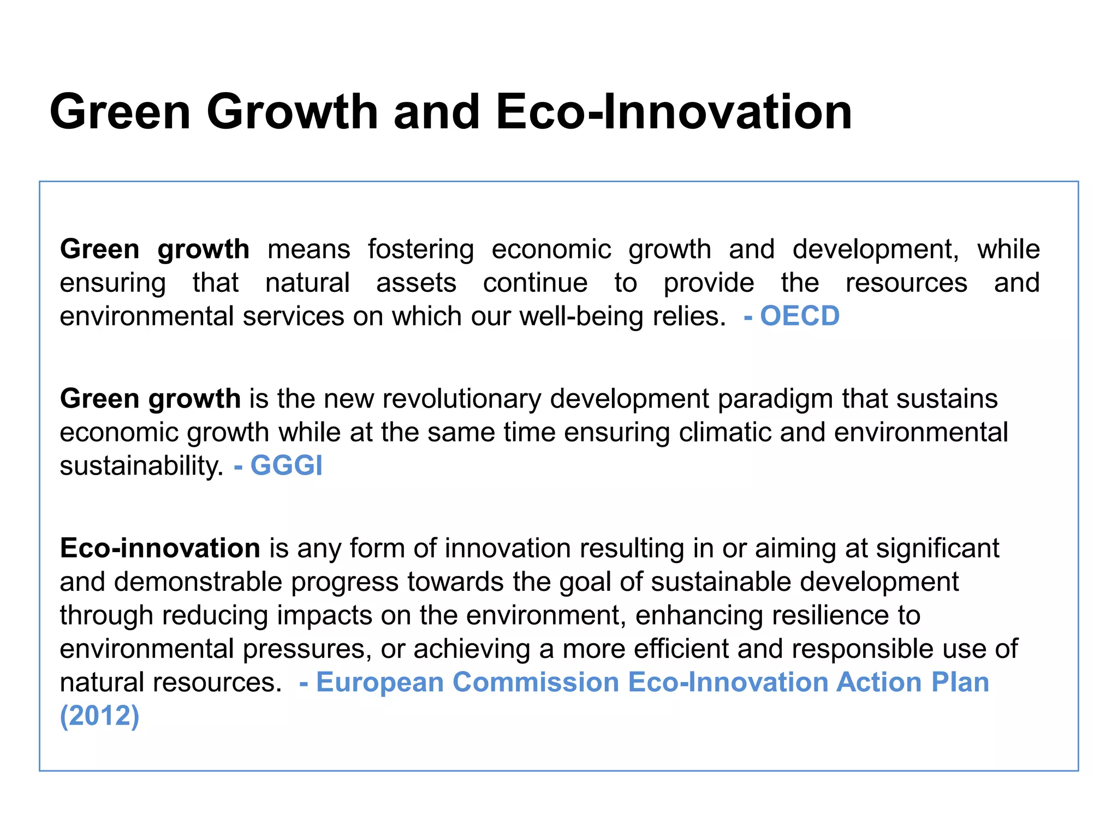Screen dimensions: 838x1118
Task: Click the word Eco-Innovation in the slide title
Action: pyautogui.click(x=674, y=112)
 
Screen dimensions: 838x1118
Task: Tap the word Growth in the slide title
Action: pyautogui.click(x=292, y=112)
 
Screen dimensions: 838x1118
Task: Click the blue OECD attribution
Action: pyautogui.click(x=799, y=316)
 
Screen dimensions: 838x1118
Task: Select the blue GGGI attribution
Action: pyautogui.click(x=286, y=465)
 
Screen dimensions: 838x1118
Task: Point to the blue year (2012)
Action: pyautogui.click(x=99, y=715)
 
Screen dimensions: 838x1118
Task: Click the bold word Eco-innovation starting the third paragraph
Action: pyautogui.click(x=160, y=548)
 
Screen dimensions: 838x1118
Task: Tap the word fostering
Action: pyautogui.click(x=420, y=249)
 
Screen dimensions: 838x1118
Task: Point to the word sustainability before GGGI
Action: pyautogui.click(x=141, y=466)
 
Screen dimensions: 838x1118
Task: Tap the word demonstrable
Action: pyautogui.click(x=198, y=582)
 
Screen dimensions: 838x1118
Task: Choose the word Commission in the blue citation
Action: pyautogui.click(x=536, y=682)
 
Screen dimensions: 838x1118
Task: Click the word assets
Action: pyautogui.click(x=416, y=283)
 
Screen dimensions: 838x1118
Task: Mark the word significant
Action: pyautogui.click(x=937, y=548)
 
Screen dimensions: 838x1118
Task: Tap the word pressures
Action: pyautogui.click(x=307, y=649)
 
